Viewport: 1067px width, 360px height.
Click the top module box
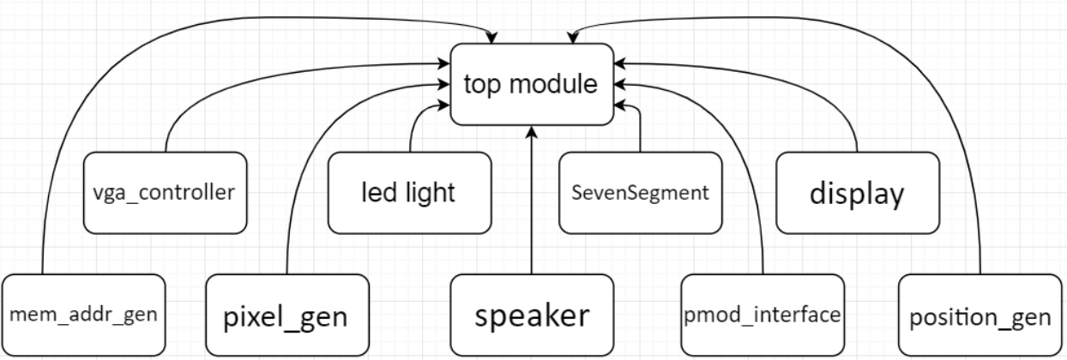pos(533,83)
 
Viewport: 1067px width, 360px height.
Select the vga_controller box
pos(163,192)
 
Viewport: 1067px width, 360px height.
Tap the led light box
pos(408,192)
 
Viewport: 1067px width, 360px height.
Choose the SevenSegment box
pos(640,192)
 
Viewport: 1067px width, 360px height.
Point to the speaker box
pos(533,315)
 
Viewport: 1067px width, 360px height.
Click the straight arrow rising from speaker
pos(533,206)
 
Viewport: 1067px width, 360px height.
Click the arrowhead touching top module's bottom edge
pos(533,130)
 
